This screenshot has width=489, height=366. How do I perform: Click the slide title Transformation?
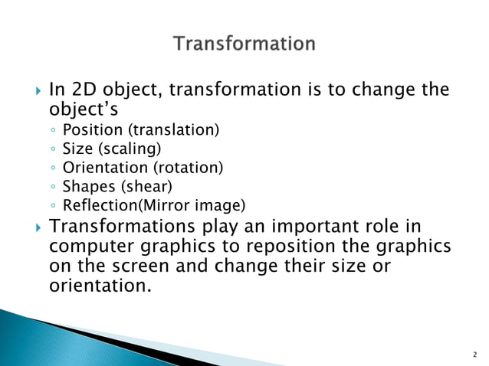[244, 43]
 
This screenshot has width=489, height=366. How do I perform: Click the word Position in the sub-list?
[88, 130]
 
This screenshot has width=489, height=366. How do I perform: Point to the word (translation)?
[169, 130]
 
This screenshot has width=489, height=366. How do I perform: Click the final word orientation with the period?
[99, 287]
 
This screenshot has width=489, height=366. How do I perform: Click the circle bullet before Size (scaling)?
[52, 149]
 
